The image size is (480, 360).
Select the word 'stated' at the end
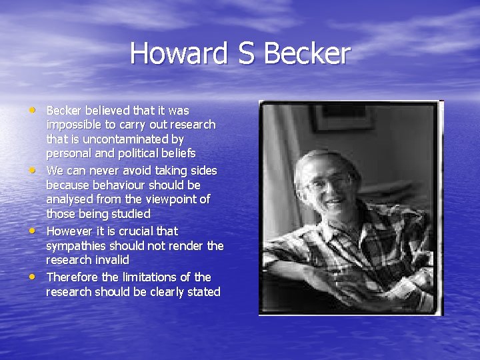(x=203, y=292)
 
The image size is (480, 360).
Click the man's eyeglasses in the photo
(x=330, y=180)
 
